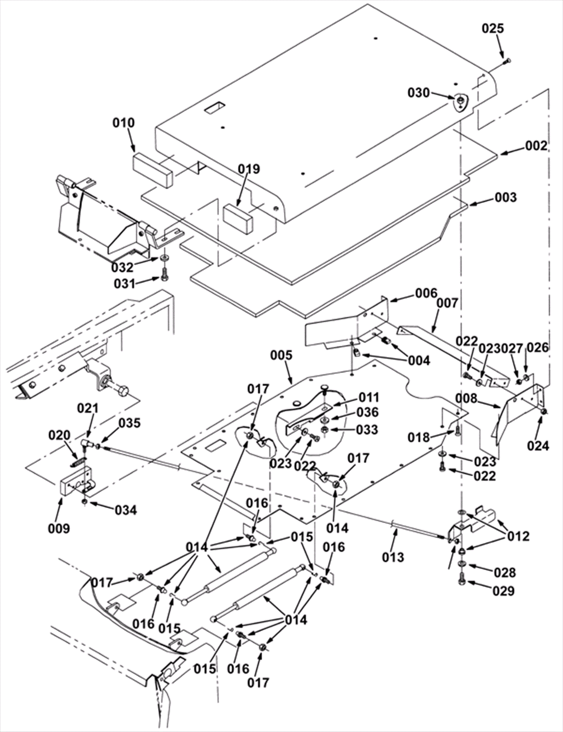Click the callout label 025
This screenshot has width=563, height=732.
tap(493, 29)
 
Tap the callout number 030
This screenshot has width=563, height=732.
tap(419, 93)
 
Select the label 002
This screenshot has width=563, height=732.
tap(536, 146)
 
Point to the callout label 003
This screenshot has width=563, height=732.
tap(506, 197)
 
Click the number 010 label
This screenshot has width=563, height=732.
tap(124, 123)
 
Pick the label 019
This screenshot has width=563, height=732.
tap(249, 169)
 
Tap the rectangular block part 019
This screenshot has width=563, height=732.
tap(238, 218)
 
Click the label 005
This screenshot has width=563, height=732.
tap(281, 355)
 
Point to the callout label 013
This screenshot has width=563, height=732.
tap(393, 557)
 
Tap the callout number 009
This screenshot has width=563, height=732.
tap(59, 528)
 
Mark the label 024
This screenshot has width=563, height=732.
tap(538, 446)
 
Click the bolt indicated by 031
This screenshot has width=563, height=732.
tap(165, 274)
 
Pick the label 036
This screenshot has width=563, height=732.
tap(367, 412)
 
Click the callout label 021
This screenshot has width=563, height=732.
tap(88, 408)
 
